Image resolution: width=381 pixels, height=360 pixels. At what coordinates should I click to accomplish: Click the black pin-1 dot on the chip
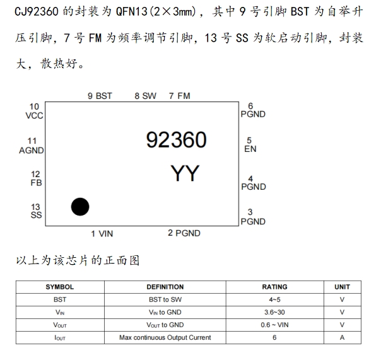click(x=80, y=206)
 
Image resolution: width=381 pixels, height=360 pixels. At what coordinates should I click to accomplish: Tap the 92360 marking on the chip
click(x=177, y=140)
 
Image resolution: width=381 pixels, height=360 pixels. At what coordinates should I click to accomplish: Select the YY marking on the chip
click(x=185, y=173)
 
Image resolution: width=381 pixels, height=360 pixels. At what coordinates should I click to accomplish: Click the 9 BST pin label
click(x=100, y=96)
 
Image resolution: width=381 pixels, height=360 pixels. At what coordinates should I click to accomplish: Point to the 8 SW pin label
click(x=145, y=96)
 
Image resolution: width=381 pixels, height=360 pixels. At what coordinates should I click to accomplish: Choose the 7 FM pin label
click(x=179, y=96)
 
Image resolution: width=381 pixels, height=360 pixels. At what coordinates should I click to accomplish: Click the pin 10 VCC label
click(x=34, y=111)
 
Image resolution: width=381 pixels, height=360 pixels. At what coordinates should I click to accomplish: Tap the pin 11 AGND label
click(x=32, y=146)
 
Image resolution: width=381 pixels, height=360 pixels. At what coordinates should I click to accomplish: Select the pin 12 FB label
click(x=35, y=178)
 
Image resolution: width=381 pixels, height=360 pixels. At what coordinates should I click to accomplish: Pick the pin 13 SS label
click(x=35, y=211)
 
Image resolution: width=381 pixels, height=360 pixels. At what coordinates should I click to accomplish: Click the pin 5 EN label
click(x=250, y=145)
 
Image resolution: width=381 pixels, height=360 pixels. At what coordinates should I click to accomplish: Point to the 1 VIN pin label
click(x=102, y=234)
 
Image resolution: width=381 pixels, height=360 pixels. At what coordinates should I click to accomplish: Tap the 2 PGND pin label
click(x=184, y=233)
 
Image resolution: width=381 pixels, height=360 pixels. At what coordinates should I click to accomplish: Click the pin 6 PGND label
click(x=252, y=110)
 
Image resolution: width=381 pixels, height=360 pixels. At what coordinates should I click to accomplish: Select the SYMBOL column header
click(x=60, y=287)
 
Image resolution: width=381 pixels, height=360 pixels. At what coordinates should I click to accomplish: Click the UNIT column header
click(x=342, y=287)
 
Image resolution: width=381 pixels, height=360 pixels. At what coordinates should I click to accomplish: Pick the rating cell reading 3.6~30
click(x=274, y=312)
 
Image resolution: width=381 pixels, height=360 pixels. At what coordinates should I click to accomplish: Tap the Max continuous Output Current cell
click(x=165, y=337)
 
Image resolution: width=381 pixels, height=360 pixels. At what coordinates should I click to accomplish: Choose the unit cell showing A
click(x=342, y=337)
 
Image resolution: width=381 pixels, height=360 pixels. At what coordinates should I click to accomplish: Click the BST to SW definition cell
click(x=165, y=299)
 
